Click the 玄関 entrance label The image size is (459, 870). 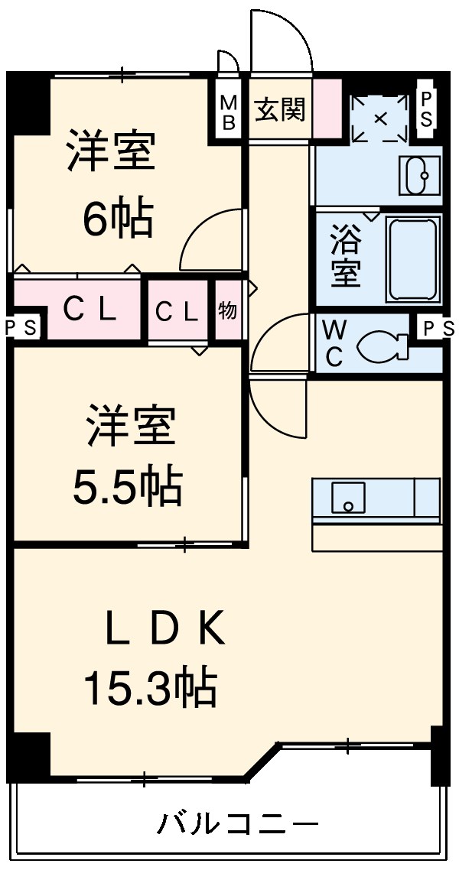point(279,109)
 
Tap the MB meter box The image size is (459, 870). point(229,112)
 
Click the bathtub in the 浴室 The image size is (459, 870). point(414,258)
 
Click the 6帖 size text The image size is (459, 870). point(118,219)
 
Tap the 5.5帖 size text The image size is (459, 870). point(127,484)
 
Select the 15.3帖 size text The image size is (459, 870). point(150,687)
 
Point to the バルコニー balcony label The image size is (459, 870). point(238,825)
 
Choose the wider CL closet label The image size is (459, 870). point(90,309)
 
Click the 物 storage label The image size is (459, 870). point(227,310)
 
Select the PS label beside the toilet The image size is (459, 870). point(437,328)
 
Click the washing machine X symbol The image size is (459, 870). point(379,118)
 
